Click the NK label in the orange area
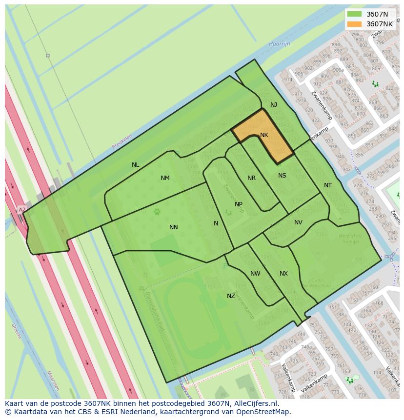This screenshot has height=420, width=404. coord(264,135)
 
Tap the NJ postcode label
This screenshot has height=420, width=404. coord(274,105)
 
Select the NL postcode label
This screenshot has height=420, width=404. coord(136,165)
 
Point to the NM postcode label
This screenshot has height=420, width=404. coord(165,178)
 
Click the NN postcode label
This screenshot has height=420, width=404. coord(173,227)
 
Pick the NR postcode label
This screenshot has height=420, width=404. coord(251,178)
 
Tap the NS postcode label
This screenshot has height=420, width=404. coord(282,176)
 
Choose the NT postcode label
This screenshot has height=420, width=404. coord(328,185)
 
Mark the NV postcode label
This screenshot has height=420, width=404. coord(298,222)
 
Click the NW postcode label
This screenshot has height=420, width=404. coord(255,274)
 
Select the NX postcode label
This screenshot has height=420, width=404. coord(283,274)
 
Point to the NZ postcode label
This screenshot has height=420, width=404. coord(231,296)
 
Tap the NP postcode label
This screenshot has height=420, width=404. coord(239,204)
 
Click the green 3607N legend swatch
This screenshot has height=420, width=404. coord(355,14)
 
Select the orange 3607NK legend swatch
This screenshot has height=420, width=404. coord(355,24)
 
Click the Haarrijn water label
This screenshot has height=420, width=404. coord(279,44)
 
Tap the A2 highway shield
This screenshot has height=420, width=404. coord(21,210)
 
